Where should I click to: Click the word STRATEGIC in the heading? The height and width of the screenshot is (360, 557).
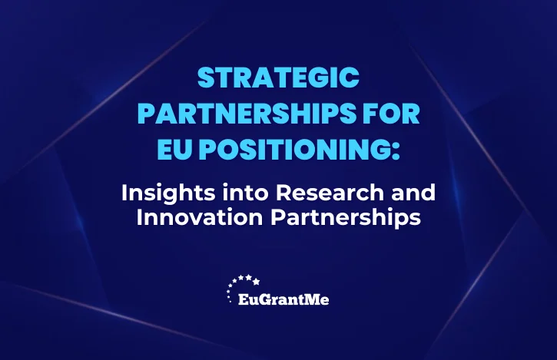278,78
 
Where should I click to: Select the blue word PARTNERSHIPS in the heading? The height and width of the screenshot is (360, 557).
247,114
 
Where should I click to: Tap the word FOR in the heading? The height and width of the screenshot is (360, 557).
392,114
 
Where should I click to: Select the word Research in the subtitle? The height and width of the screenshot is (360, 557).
330,193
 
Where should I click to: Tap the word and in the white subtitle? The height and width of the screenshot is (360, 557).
413,193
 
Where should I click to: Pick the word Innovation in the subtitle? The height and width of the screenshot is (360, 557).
200,217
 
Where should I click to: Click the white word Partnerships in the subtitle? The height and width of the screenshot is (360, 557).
346,218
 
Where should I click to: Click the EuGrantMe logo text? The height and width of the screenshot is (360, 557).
283,299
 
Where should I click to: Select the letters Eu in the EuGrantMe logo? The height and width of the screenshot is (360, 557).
248,299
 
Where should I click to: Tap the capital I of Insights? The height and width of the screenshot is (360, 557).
124,193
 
